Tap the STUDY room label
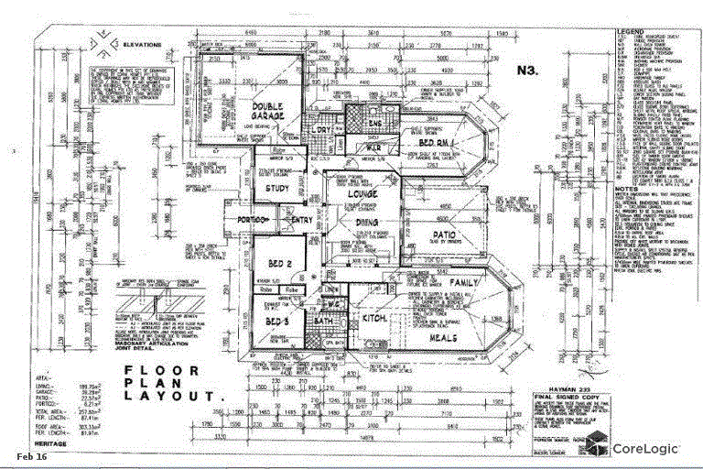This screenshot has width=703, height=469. point(277,190)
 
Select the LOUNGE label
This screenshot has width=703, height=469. point(351,194)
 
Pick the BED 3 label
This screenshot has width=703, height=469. point(277,323)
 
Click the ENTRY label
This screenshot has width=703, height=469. point(301,220)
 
